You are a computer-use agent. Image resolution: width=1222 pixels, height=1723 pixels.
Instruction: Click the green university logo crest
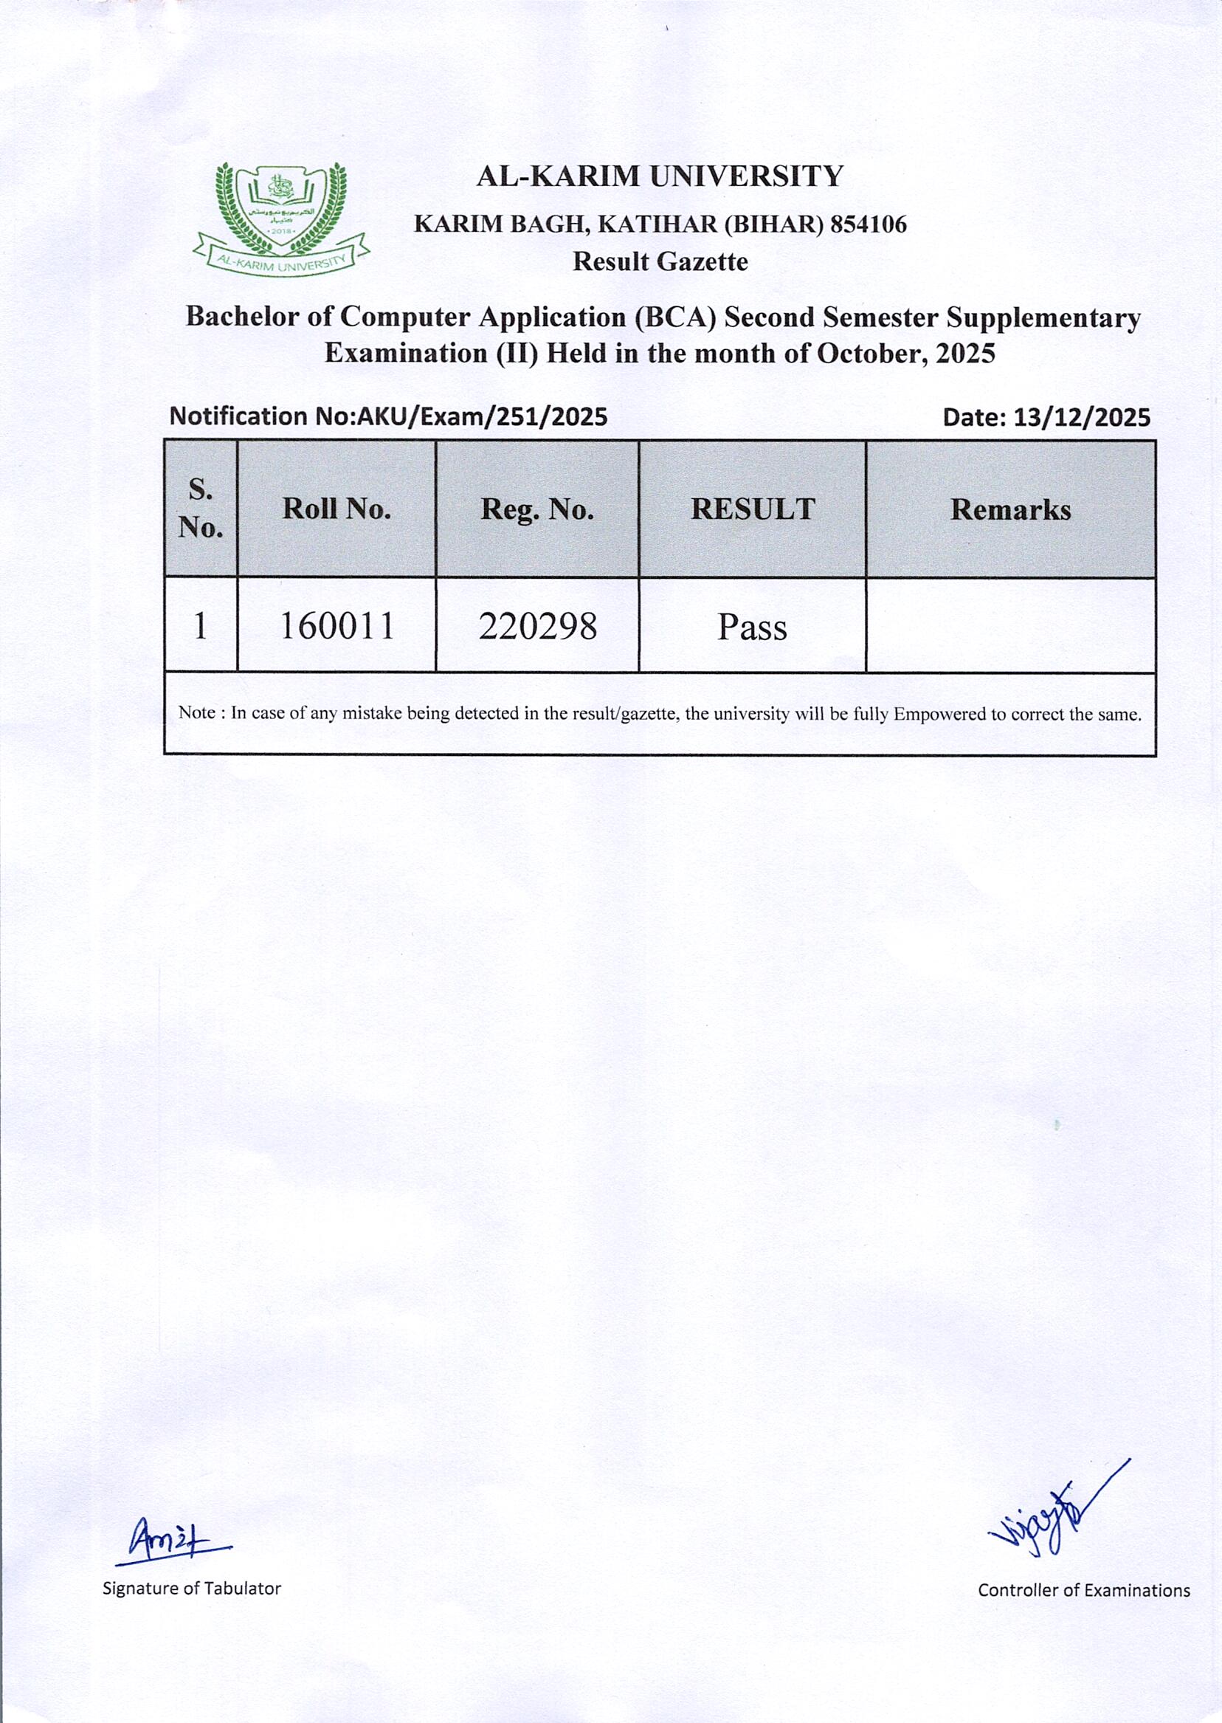click(x=280, y=218)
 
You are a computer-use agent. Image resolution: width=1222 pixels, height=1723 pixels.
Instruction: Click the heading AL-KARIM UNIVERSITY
click(x=660, y=176)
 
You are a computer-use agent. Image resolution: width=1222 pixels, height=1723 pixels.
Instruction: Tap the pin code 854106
click(x=868, y=224)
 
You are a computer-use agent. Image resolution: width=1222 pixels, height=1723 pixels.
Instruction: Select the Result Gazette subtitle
click(x=660, y=262)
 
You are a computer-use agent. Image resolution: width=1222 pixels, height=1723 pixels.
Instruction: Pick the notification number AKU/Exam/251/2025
click(x=482, y=416)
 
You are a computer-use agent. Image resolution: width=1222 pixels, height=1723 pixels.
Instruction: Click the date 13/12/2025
click(x=1081, y=417)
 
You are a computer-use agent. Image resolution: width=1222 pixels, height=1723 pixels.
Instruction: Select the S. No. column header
click(x=201, y=508)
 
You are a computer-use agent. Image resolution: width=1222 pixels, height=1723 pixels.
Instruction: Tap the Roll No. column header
click(x=336, y=509)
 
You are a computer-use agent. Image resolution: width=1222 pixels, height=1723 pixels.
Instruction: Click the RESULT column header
click(x=753, y=509)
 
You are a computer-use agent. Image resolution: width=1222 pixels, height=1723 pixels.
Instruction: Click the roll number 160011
click(x=336, y=625)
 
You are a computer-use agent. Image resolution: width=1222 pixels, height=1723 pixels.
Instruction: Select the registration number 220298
click(x=537, y=625)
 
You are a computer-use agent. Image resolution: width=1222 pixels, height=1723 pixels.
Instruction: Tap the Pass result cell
click(x=752, y=627)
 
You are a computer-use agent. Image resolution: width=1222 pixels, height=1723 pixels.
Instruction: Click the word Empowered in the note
click(x=939, y=714)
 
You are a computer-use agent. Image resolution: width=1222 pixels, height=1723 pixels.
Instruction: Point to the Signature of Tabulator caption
click(x=192, y=1588)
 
